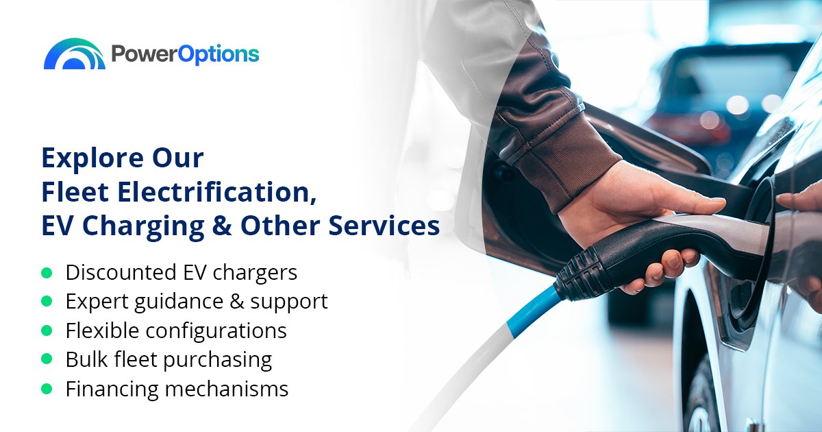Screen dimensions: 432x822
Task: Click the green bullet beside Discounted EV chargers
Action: tap(47, 273)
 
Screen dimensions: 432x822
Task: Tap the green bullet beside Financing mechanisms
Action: tap(47, 389)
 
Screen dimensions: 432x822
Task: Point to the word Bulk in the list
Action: tap(84, 359)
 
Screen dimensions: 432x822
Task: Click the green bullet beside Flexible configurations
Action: tap(47, 331)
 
